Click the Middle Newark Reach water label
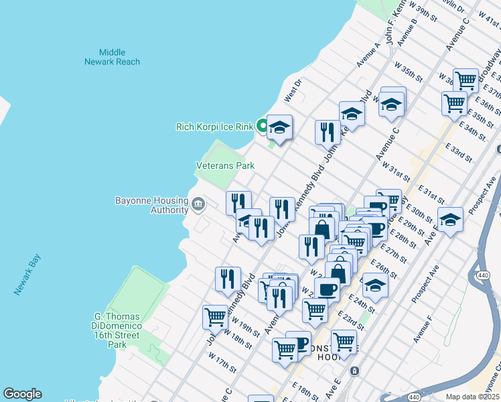tap(112, 57)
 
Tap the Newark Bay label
tap(27, 275)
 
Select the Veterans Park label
tap(225, 165)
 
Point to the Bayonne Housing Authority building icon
tap(198, 204)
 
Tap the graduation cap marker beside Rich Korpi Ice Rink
tap(279, 127)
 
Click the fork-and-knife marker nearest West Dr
tap(328, 131)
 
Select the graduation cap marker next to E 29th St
tap(450, 218)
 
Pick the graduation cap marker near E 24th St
tap(375, 287)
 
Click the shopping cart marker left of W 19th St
tap(215, 316)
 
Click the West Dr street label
tap(293, 90)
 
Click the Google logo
tap(22, 394)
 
